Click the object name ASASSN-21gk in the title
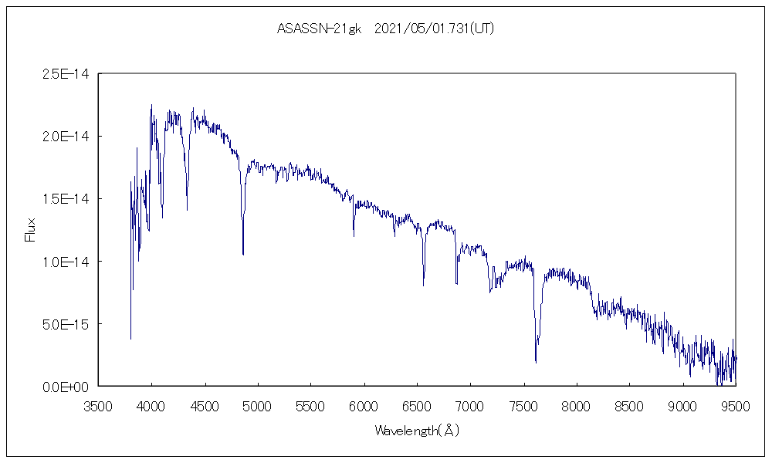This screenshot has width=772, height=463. pyautogui.click(x=318, y=29)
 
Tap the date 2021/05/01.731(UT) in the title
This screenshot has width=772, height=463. pyautogui.click(x=434, y=29)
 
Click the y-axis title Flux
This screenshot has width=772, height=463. pyautogui.click(x=31, y=230)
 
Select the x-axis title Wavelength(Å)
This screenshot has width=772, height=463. pyautogui.click(x=417, y=431)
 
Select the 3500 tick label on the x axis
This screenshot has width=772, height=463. pyautogui.click(x=98, y=405)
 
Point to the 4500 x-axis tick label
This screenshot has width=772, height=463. pyautogui.click(x=205, y=405)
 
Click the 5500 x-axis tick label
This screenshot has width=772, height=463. pyautogui.click(x=310, y=405)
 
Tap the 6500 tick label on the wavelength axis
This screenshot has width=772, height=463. pyautogui.click(x=417, y=405)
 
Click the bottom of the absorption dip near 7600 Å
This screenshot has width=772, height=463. pyautogui.click(x=536, y=361)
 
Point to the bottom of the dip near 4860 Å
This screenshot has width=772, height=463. pyautogui.click(x=243, y=254)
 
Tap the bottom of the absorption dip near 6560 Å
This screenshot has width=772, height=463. pyautogui.click(x=424, y=286)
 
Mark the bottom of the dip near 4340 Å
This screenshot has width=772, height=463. pyautogui.click(x=187, y=210)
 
